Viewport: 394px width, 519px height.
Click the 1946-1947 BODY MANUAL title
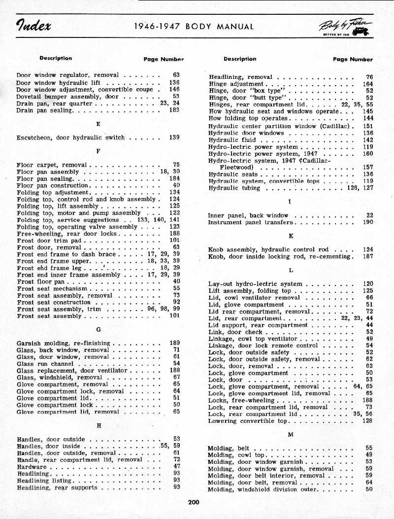click(194, 27)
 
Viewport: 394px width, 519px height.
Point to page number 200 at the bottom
click(193, 502)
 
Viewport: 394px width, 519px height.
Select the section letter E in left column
click(98, 124)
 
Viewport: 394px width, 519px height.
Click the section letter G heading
click(98, 329)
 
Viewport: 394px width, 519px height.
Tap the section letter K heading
click(291, 236)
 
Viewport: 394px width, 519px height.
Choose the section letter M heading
click(291, 435)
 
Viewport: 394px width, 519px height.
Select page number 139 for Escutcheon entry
click(174, 138)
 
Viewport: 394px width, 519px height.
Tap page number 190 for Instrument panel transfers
click(367, 222)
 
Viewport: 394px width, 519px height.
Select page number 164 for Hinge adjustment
click(367, 84)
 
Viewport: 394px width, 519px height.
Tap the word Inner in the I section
click(216, 215)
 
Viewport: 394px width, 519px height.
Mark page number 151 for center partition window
click(367, 126)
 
